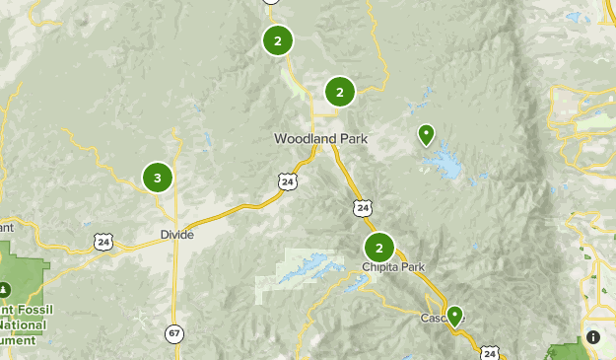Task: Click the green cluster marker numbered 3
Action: pos(157,179)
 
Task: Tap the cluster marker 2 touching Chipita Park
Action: pos(379,248)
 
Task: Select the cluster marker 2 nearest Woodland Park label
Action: pos(339,93)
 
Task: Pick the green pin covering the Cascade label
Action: pos(454,316)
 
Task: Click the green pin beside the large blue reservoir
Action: pos(426,133)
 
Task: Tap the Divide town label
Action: pos(176,235)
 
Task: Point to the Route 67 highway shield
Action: pos(174,333)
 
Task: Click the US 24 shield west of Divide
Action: pos(103,241)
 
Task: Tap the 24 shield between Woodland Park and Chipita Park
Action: pos(363,207)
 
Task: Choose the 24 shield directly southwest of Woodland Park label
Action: pos(286,181)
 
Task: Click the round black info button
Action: pos(593,337)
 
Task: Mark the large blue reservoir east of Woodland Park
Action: pos(448,162)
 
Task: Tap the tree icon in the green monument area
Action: pos(5,289)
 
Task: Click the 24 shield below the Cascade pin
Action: pos(490,352)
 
